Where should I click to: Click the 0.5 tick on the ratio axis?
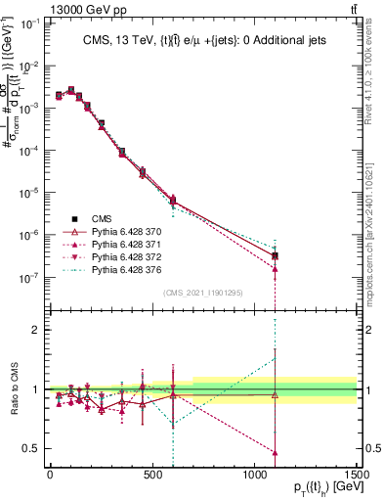[x=29, y=448]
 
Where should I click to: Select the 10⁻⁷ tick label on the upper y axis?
[x=28, y=278]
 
